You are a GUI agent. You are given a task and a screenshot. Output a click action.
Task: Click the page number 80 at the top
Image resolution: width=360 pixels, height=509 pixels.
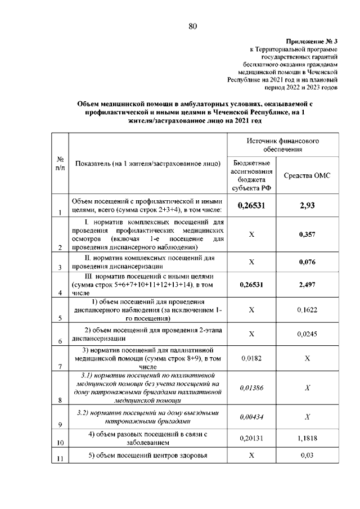click(x=192, y=26)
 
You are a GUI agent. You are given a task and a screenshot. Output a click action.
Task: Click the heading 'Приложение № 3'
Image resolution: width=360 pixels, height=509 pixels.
click(x=311, y=42)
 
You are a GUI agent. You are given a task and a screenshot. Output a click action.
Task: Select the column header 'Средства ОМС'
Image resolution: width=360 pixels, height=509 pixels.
click(x=307, y=175)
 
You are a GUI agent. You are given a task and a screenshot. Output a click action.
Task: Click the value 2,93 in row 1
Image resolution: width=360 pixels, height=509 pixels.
click(x=307, y=206)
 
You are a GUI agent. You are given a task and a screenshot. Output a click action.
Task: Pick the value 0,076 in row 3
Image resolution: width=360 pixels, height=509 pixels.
click(x=307, y=262)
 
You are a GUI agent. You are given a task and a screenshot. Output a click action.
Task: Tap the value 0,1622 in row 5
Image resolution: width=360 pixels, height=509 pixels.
click(x=307, y=309)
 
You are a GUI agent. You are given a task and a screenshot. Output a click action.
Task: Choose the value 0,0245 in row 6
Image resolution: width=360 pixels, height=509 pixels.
click(x=307, y=334)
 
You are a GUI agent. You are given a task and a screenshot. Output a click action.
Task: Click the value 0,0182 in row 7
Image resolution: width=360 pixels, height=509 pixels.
click(x=251, y=358)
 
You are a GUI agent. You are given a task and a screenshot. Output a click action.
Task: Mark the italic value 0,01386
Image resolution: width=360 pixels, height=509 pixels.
click(x=251, y=388)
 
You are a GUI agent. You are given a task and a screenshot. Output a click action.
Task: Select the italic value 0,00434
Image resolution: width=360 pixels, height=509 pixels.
click(x=251, y=417)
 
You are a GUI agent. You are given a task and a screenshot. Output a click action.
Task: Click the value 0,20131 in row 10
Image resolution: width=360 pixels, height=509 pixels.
click(x=251, y=439)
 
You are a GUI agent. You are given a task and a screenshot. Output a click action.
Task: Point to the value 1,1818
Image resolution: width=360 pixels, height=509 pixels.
click(x=307, y=439)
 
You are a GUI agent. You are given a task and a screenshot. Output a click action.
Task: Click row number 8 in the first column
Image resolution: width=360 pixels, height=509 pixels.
click(x=59, y=400)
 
